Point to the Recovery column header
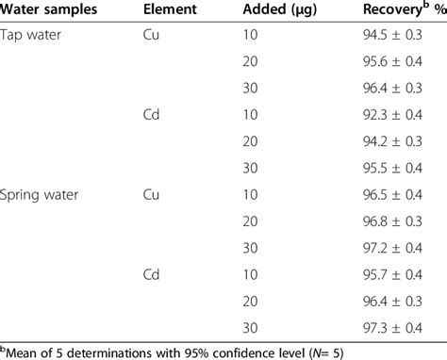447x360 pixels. (401, 11)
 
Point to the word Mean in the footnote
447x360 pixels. (24, 352)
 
